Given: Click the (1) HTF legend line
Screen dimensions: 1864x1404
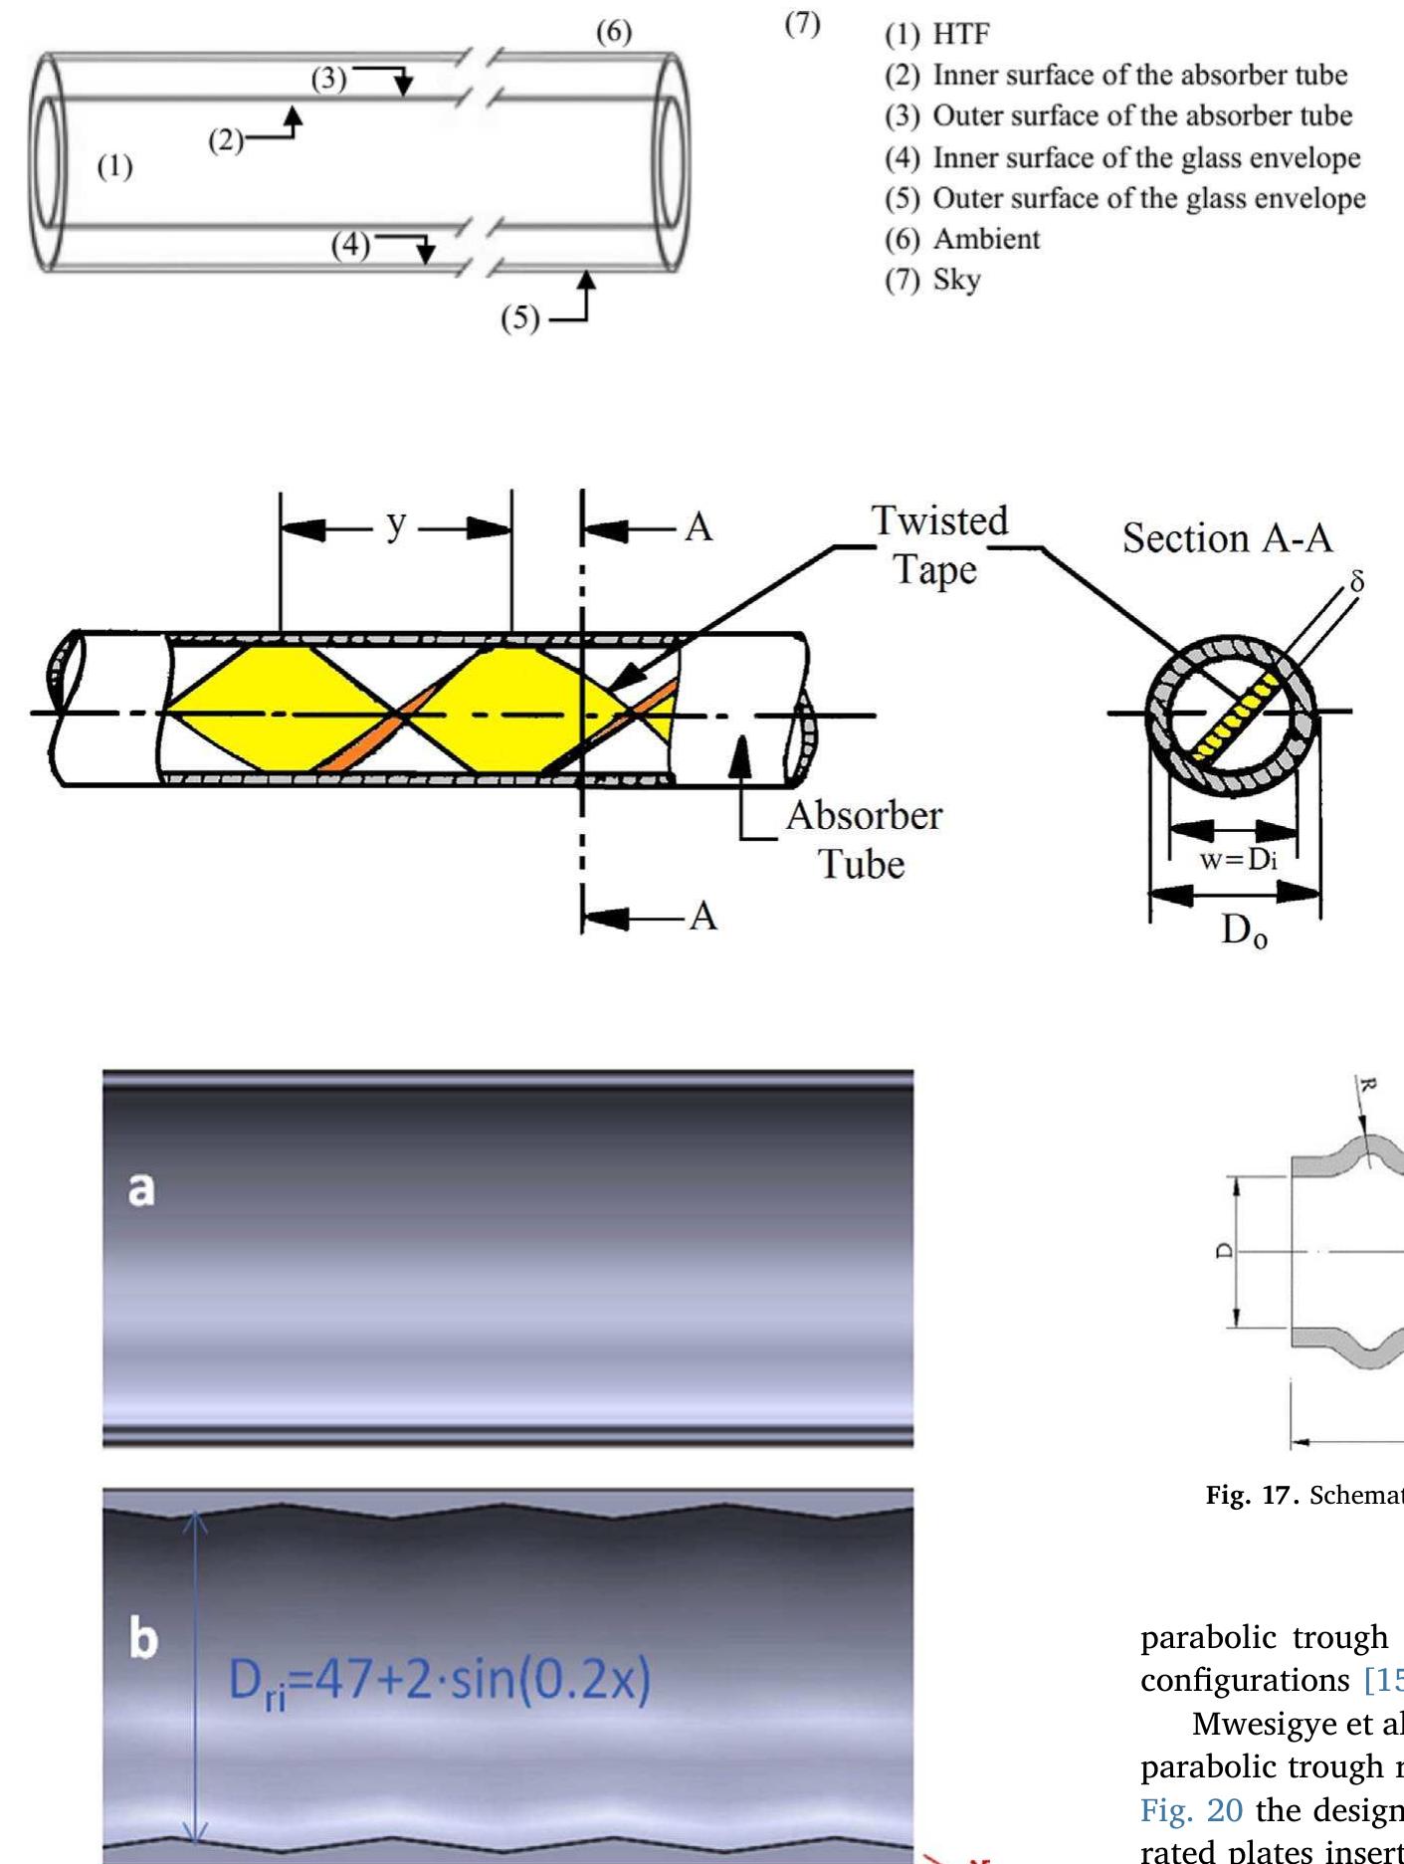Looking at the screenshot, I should click(x=937, y=35).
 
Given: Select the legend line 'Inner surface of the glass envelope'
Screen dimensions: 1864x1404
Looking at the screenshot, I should click(x=1122, y=157).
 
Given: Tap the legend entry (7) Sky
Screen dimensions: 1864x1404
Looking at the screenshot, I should click(x=933, y=280).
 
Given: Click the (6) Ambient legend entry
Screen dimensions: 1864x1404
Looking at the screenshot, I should click(x=962, y=239).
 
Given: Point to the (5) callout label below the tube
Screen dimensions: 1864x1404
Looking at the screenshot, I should click(x=519, y=318).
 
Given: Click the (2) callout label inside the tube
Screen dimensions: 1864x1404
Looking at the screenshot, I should click(x=226, y=141).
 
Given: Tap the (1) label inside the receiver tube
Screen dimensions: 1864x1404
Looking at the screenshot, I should click(x=114, y=166).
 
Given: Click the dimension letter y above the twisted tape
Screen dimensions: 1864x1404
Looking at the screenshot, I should click(x=396, y=523).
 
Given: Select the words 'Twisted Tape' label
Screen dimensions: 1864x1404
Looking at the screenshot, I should click(x=938, y=544).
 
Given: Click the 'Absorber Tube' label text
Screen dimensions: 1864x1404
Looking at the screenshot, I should click(x=863, y=839).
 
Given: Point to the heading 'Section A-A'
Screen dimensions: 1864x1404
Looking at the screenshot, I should click(x=1227, y=538).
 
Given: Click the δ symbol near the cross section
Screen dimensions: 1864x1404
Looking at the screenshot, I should click(x=1356, y=581).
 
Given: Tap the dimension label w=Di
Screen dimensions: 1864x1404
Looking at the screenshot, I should click(x=1238, y=859).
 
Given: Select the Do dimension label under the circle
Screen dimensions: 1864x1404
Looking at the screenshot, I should click(x=1244, y=932).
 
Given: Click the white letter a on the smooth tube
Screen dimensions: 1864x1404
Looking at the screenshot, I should click(x=141, y=1188).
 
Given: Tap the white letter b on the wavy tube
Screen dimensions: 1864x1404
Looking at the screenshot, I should click(x=143, y=1637).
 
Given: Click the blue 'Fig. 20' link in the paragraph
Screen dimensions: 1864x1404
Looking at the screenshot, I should click(x=1191, y=1809).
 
